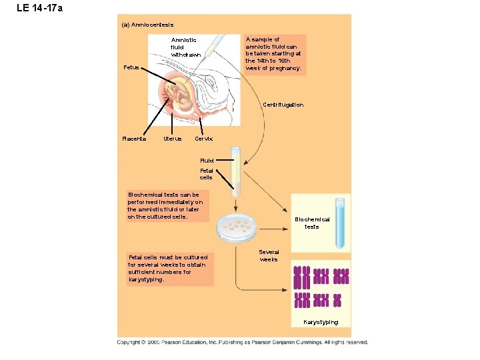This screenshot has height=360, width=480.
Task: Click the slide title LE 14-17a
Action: [x=39, y=9]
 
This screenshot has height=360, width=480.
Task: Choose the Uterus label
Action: [x=172, y=139]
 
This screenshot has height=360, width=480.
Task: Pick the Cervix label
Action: [x=203, y=139]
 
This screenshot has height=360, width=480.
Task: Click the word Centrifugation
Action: [x=283, y=105]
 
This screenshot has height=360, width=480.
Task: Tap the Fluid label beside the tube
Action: [x=207, y=161]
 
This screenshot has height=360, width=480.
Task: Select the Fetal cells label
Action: [x=206, y=173]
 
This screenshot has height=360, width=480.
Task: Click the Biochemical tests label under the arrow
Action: [x=312, y=223]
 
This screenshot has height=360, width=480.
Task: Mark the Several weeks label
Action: [x=269, y=255]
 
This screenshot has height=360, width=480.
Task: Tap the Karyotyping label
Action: [x=321, y=322]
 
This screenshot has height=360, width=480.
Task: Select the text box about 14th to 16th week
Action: [x=275, y=54]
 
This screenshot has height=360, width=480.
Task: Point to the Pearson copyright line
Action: [x=242, y=342]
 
